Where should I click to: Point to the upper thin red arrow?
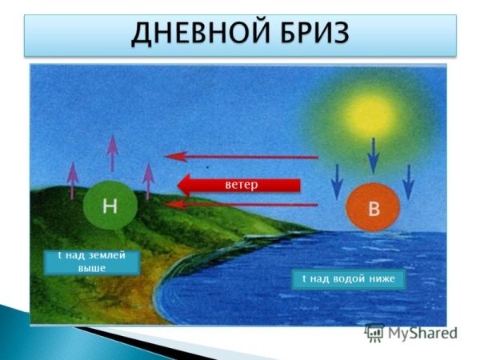(x=240, y=158)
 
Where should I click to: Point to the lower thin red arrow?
(x=240, y=206)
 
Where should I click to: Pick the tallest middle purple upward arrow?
(x=112, y=153)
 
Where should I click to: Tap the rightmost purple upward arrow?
(x=147, y=181)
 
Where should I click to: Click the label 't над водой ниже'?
(x=349, y=279)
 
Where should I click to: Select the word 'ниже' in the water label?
(x=383, y=279)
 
